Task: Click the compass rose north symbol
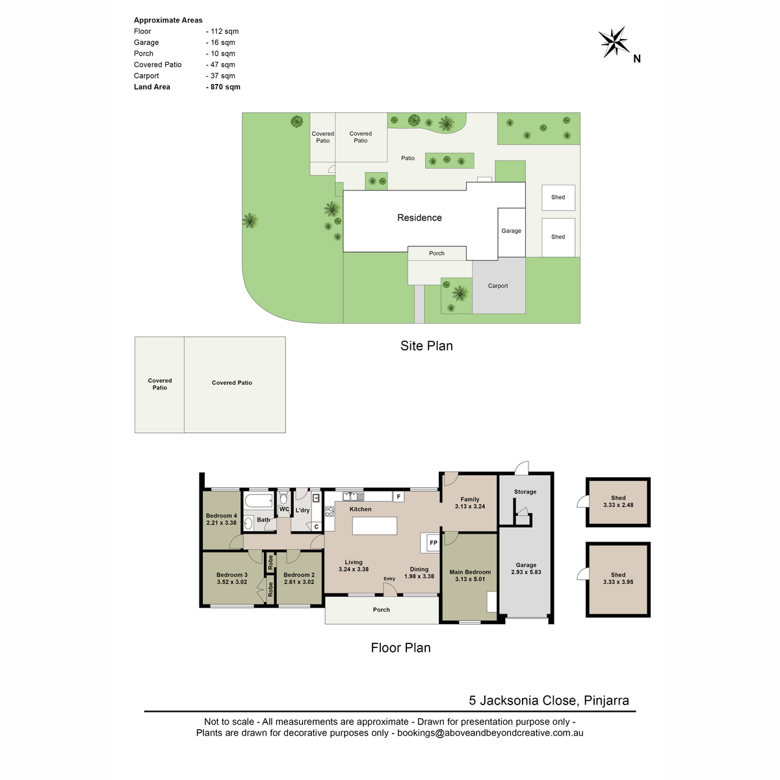[x=614, y=42]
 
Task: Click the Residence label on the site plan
[x=419, y=218]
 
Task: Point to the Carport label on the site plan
[x=497, y=286]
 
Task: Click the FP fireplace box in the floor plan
[x=433, y=543]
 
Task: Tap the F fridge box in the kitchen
[x=398, y=497]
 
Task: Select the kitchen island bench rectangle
[x=374, y=526]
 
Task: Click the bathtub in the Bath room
[x=259, y=500]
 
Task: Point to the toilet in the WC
[x=283, y=498]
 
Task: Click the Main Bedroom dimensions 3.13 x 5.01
[x=469, y=579]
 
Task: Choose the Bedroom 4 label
[x=222, y=515]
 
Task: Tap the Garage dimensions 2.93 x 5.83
[x=526, y=572]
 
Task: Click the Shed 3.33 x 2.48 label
[x=618, y=502]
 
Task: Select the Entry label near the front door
[x=389, y=579]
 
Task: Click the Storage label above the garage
[x=525, y=492]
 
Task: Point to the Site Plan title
[x=426, y=346]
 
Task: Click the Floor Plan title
[x=400, y=647]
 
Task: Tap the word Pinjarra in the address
[x=606, y=701]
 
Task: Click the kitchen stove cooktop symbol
[x=329, y=512]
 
